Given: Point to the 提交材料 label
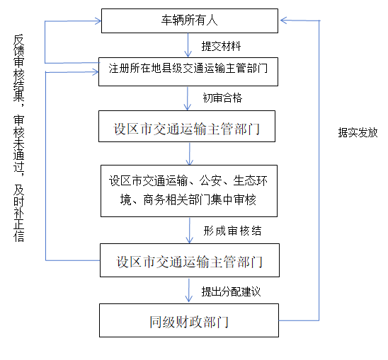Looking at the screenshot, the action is coord(221,46).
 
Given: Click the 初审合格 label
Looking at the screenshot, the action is coord(222,98).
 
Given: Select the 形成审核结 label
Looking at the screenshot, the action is coord(232,231).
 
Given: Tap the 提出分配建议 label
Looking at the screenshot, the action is coord(231,291).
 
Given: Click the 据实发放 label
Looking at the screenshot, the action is coord(358,132).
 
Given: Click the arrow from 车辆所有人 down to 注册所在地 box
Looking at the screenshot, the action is coord(188,45).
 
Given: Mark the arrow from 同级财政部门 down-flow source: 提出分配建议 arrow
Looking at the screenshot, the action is coord(189,290).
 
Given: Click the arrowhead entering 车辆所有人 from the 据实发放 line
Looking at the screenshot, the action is coord(284,21).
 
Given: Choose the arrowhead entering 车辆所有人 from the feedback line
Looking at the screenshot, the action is coord(98,21).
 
